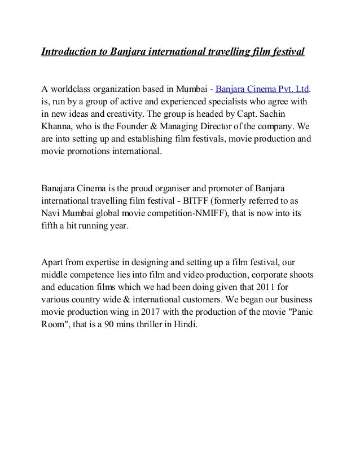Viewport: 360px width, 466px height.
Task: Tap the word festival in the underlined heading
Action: pos(288,52)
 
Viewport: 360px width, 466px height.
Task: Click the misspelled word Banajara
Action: pos(62,186)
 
